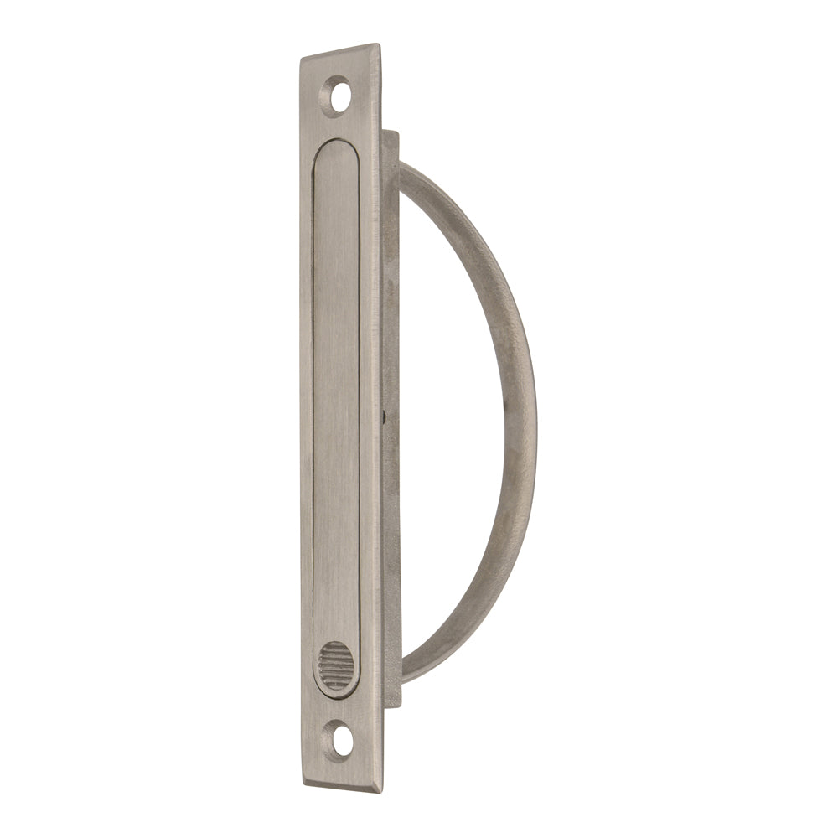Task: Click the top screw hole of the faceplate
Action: point(339,96)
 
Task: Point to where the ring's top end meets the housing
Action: point(403,173)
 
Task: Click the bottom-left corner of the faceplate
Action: point(303,779)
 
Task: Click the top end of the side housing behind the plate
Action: point(391,134)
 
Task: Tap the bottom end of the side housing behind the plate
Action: point(392,704)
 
